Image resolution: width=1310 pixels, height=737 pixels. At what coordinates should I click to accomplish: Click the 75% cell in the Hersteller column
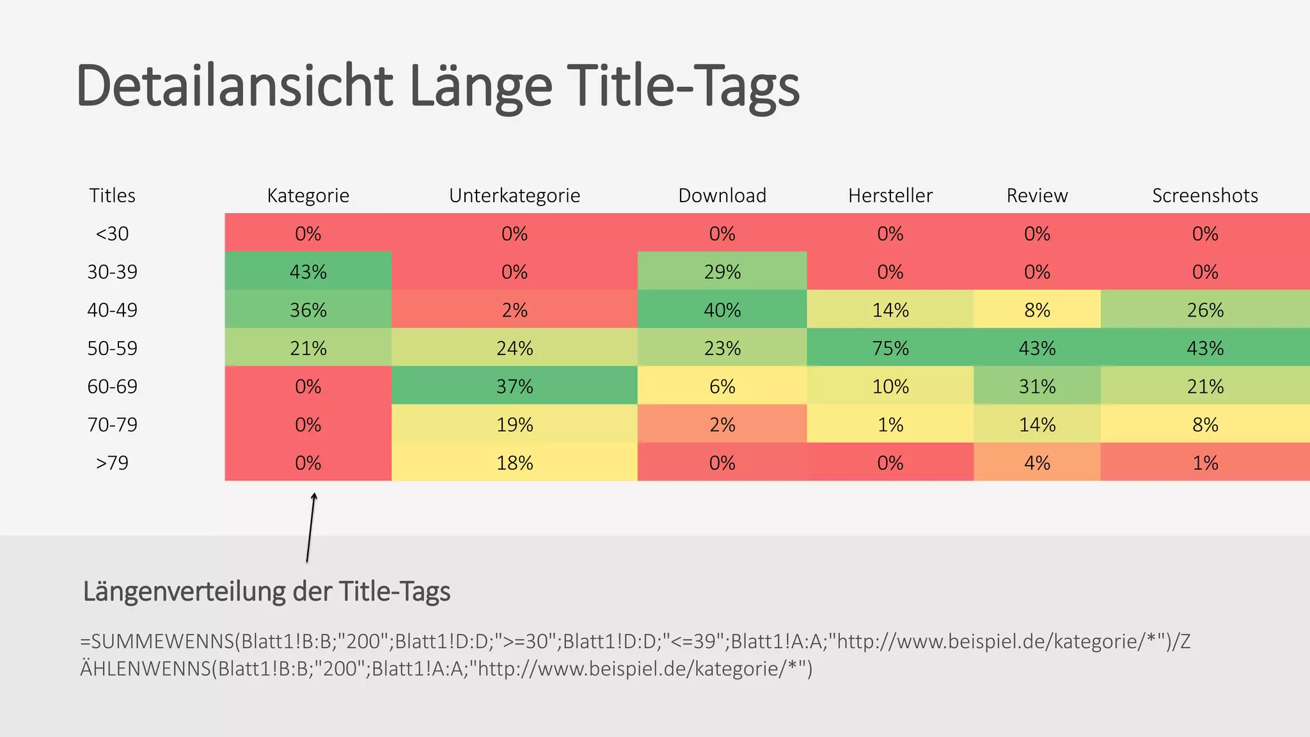[x=890, y=348]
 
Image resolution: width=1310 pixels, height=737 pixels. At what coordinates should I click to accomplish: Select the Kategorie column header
[x=308, y=195]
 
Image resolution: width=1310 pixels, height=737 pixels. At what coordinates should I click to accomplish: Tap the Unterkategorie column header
[x=514, y=195]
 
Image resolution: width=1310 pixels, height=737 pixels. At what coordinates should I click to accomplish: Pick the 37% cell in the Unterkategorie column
[x=514, y=386]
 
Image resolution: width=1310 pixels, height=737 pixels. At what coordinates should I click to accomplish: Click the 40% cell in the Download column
[x=722, y=310]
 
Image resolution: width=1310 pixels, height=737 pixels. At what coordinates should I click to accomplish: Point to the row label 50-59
[x=112, y=348]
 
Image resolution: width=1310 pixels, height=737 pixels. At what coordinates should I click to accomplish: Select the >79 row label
[x=112, y=463]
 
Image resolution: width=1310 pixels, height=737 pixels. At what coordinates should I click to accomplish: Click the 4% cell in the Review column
[x=1037, y=463]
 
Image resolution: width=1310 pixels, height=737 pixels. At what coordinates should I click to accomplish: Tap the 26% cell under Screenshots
[x=1205, y=310]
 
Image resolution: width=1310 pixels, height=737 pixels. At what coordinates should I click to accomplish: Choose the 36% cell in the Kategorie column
[x=308, y=310]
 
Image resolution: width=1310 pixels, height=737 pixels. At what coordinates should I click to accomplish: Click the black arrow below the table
[x=311, y=528]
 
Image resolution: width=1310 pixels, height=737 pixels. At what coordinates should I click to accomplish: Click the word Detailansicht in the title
[x=233, y=86]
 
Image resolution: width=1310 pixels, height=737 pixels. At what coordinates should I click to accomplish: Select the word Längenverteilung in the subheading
[x=184, y=591]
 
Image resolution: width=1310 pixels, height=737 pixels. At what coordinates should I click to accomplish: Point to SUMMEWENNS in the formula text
[x=163, y=641]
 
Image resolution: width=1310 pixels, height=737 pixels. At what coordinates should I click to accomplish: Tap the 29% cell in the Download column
[x=722, y=272]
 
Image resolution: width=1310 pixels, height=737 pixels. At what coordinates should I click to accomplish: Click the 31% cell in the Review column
[x=1037, y=386]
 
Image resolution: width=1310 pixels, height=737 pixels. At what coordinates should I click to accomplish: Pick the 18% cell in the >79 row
[x=514, y=463]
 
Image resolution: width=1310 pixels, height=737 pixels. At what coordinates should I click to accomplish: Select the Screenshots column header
[x=1205, y=195]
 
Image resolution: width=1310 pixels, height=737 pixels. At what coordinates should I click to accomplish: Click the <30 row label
[x=112, y=234]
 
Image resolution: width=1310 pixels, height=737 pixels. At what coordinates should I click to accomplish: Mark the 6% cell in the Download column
[x=722, y=386]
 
